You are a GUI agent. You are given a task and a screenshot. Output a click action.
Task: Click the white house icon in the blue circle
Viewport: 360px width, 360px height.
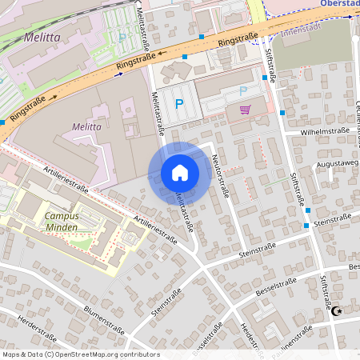(179, 173)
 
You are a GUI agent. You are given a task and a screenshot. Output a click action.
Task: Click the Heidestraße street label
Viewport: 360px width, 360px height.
(251, 339)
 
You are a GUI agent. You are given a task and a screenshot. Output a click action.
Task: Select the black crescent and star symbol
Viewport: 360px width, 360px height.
(337, 311)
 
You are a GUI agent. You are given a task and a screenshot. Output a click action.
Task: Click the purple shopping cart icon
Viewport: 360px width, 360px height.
(245, 110)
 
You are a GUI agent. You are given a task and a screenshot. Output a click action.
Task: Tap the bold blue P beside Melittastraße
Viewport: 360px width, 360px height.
(179, 103)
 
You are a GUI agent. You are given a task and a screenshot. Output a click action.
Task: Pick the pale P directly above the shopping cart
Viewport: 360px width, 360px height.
(242, 90)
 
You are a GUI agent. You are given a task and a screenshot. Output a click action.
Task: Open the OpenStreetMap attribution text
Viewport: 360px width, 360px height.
(81, 354)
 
